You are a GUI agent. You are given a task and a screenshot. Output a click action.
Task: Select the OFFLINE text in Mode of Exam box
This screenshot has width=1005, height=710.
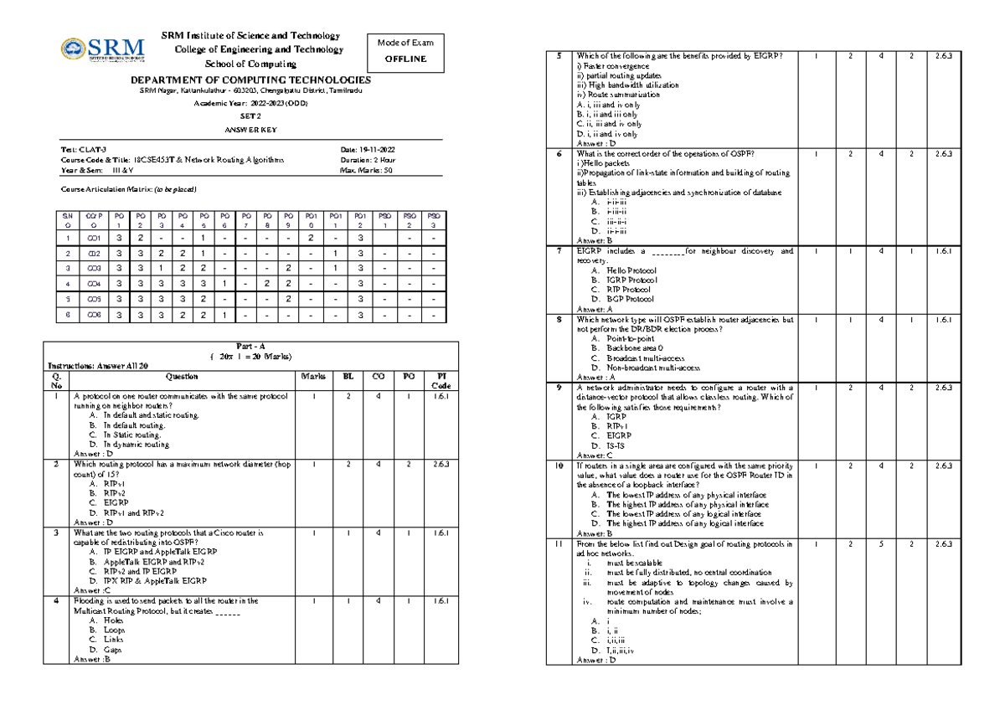pyautogui.click(x=405, y=59)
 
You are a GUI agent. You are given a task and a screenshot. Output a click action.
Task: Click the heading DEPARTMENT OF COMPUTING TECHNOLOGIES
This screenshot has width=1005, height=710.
pyautogui.click(x=250, y=79)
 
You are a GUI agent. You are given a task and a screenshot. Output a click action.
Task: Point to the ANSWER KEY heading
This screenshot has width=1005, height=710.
pyautogui.click(x=250, y=130)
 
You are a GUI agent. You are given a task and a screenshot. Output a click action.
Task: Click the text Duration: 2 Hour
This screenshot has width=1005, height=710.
pyautogui.click(x=368, y=159)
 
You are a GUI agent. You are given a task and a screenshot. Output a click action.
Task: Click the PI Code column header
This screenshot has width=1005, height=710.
pyautogui.click(x=443, y=381)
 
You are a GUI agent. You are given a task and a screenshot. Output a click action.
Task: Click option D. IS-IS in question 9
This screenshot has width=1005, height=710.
pyautogui.click(x=611, y=445)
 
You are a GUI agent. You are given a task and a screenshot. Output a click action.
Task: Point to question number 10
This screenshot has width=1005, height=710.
pyautogui.click(x=559, y=466)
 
